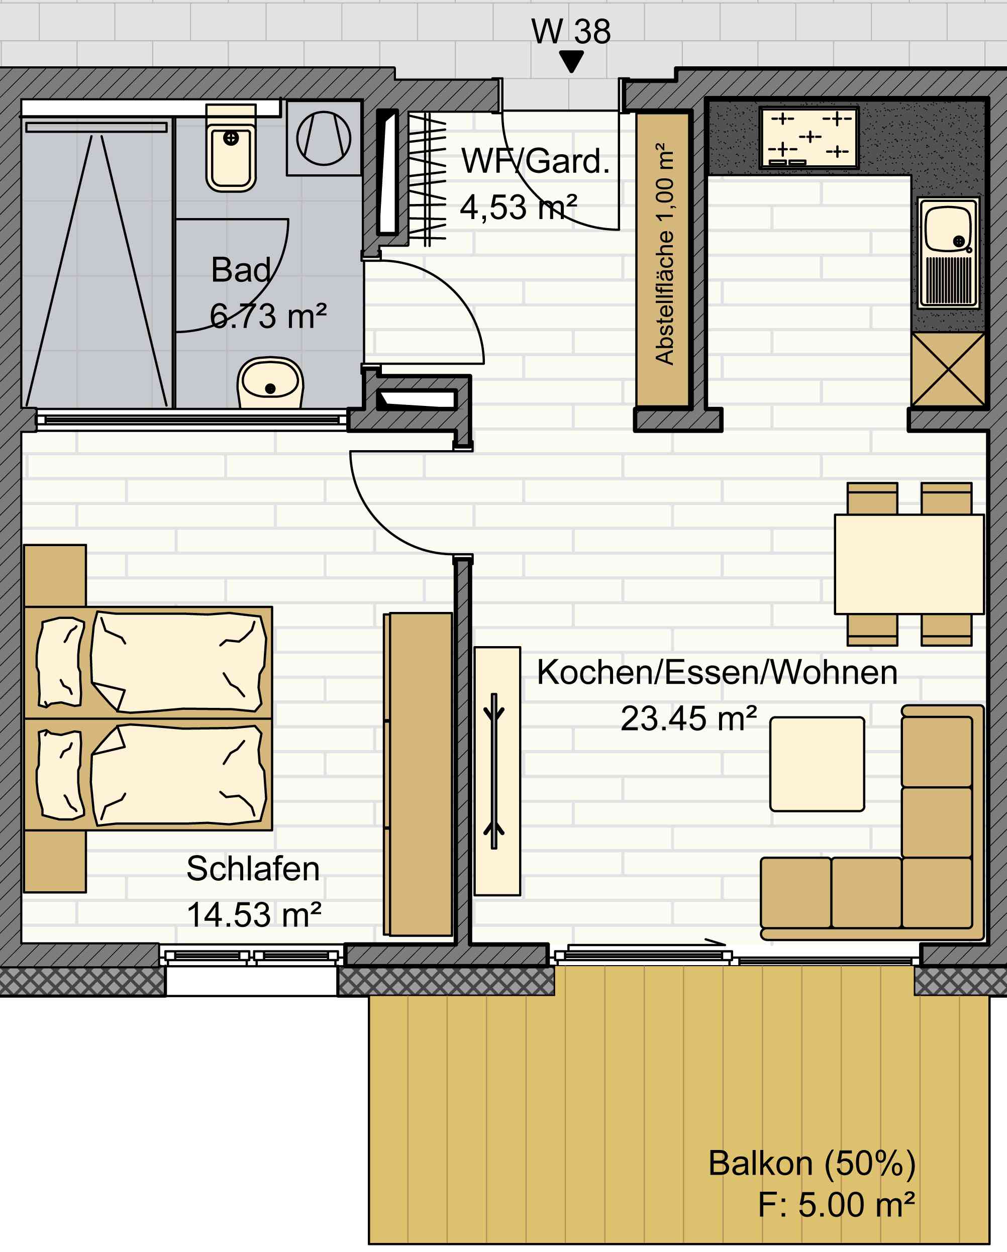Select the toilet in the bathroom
click(x=231, y=148)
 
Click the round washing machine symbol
click(x=324, y=138)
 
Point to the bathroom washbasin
click(x=270, y=382)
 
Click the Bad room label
click(x=241, y=270)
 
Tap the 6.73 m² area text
click(x=268, y=317)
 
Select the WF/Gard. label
click(x=536, y=161)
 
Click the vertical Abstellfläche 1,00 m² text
click(x=664, y=253)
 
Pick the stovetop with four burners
click(x=809, y=138)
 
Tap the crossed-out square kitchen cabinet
click(x=948, y=369)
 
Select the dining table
click(x=910, y=564)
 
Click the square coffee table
click(x=817, y=764)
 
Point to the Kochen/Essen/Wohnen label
click(x=717, y=672)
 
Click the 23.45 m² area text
click(x=689, y=718)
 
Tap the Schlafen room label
click(x=253, y=869)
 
